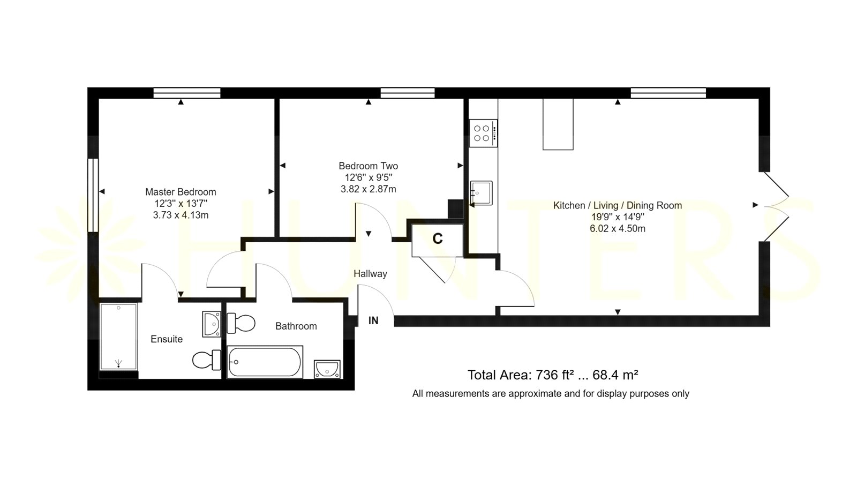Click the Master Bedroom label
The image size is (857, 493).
click(181, 192)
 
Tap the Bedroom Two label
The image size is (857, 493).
click(369, 166)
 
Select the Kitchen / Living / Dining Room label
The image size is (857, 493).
click(618, 206)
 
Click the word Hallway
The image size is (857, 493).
click(370, 274)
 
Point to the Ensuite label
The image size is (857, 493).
click(167, 339)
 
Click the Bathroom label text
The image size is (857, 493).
click(296, 326)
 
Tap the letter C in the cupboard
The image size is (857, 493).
click(437, 239)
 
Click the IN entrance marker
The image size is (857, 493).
click(373, 321)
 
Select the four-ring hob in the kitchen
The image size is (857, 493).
click(483, 133)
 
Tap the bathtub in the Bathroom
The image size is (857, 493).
click(265, 362)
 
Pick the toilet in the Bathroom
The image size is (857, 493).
click(241, 324)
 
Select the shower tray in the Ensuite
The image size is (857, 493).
click(118, 337)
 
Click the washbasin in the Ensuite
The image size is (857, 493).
click(212, 324)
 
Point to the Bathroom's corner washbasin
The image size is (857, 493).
click(327, 369)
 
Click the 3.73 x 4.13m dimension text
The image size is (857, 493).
click(181, 215)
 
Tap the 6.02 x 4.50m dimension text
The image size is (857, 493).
click(618, 228)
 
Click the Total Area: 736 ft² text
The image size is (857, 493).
click(521, 375)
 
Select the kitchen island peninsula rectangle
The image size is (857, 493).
click(558, 124)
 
